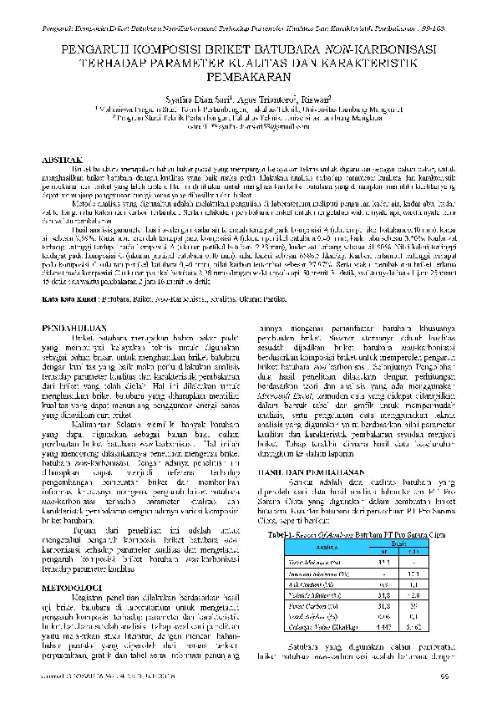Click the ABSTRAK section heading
pyautogui.click(x=63, y=160)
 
